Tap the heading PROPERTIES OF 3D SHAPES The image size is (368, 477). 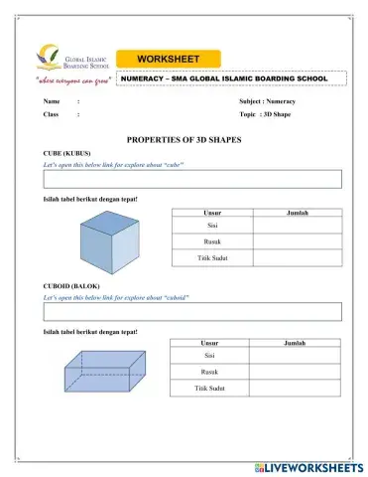[x=184, y=140]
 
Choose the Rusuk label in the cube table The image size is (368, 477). [x=212, y=242]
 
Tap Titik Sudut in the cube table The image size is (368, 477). [x=212, y=258]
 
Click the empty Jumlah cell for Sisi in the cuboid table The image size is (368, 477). [x=294, y=355]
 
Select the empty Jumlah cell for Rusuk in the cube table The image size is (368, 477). [x=297, y=242]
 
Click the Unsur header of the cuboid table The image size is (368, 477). [x=209, y=342]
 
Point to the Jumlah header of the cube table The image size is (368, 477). [x=297, y=213]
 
